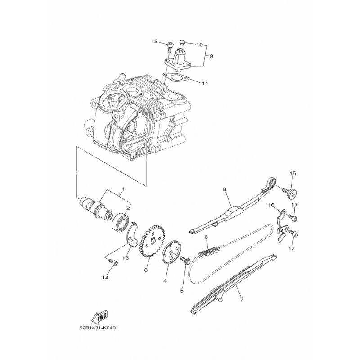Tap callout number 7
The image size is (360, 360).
click(x=242, y=299)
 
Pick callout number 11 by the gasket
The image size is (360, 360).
click(x=205, y=84)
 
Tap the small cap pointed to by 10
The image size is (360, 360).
click(x=183, y=42)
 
